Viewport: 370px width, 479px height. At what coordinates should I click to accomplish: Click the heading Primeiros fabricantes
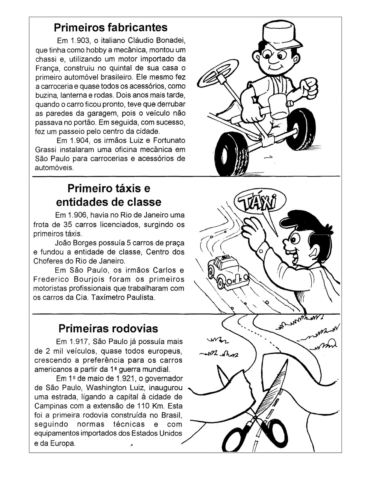(110, 28)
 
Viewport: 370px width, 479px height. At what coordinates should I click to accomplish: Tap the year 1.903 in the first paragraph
(80, 40)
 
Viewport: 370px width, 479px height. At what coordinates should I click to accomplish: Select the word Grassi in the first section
(46, 149)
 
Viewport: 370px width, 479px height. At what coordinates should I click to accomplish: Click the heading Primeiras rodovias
(108, 328)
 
